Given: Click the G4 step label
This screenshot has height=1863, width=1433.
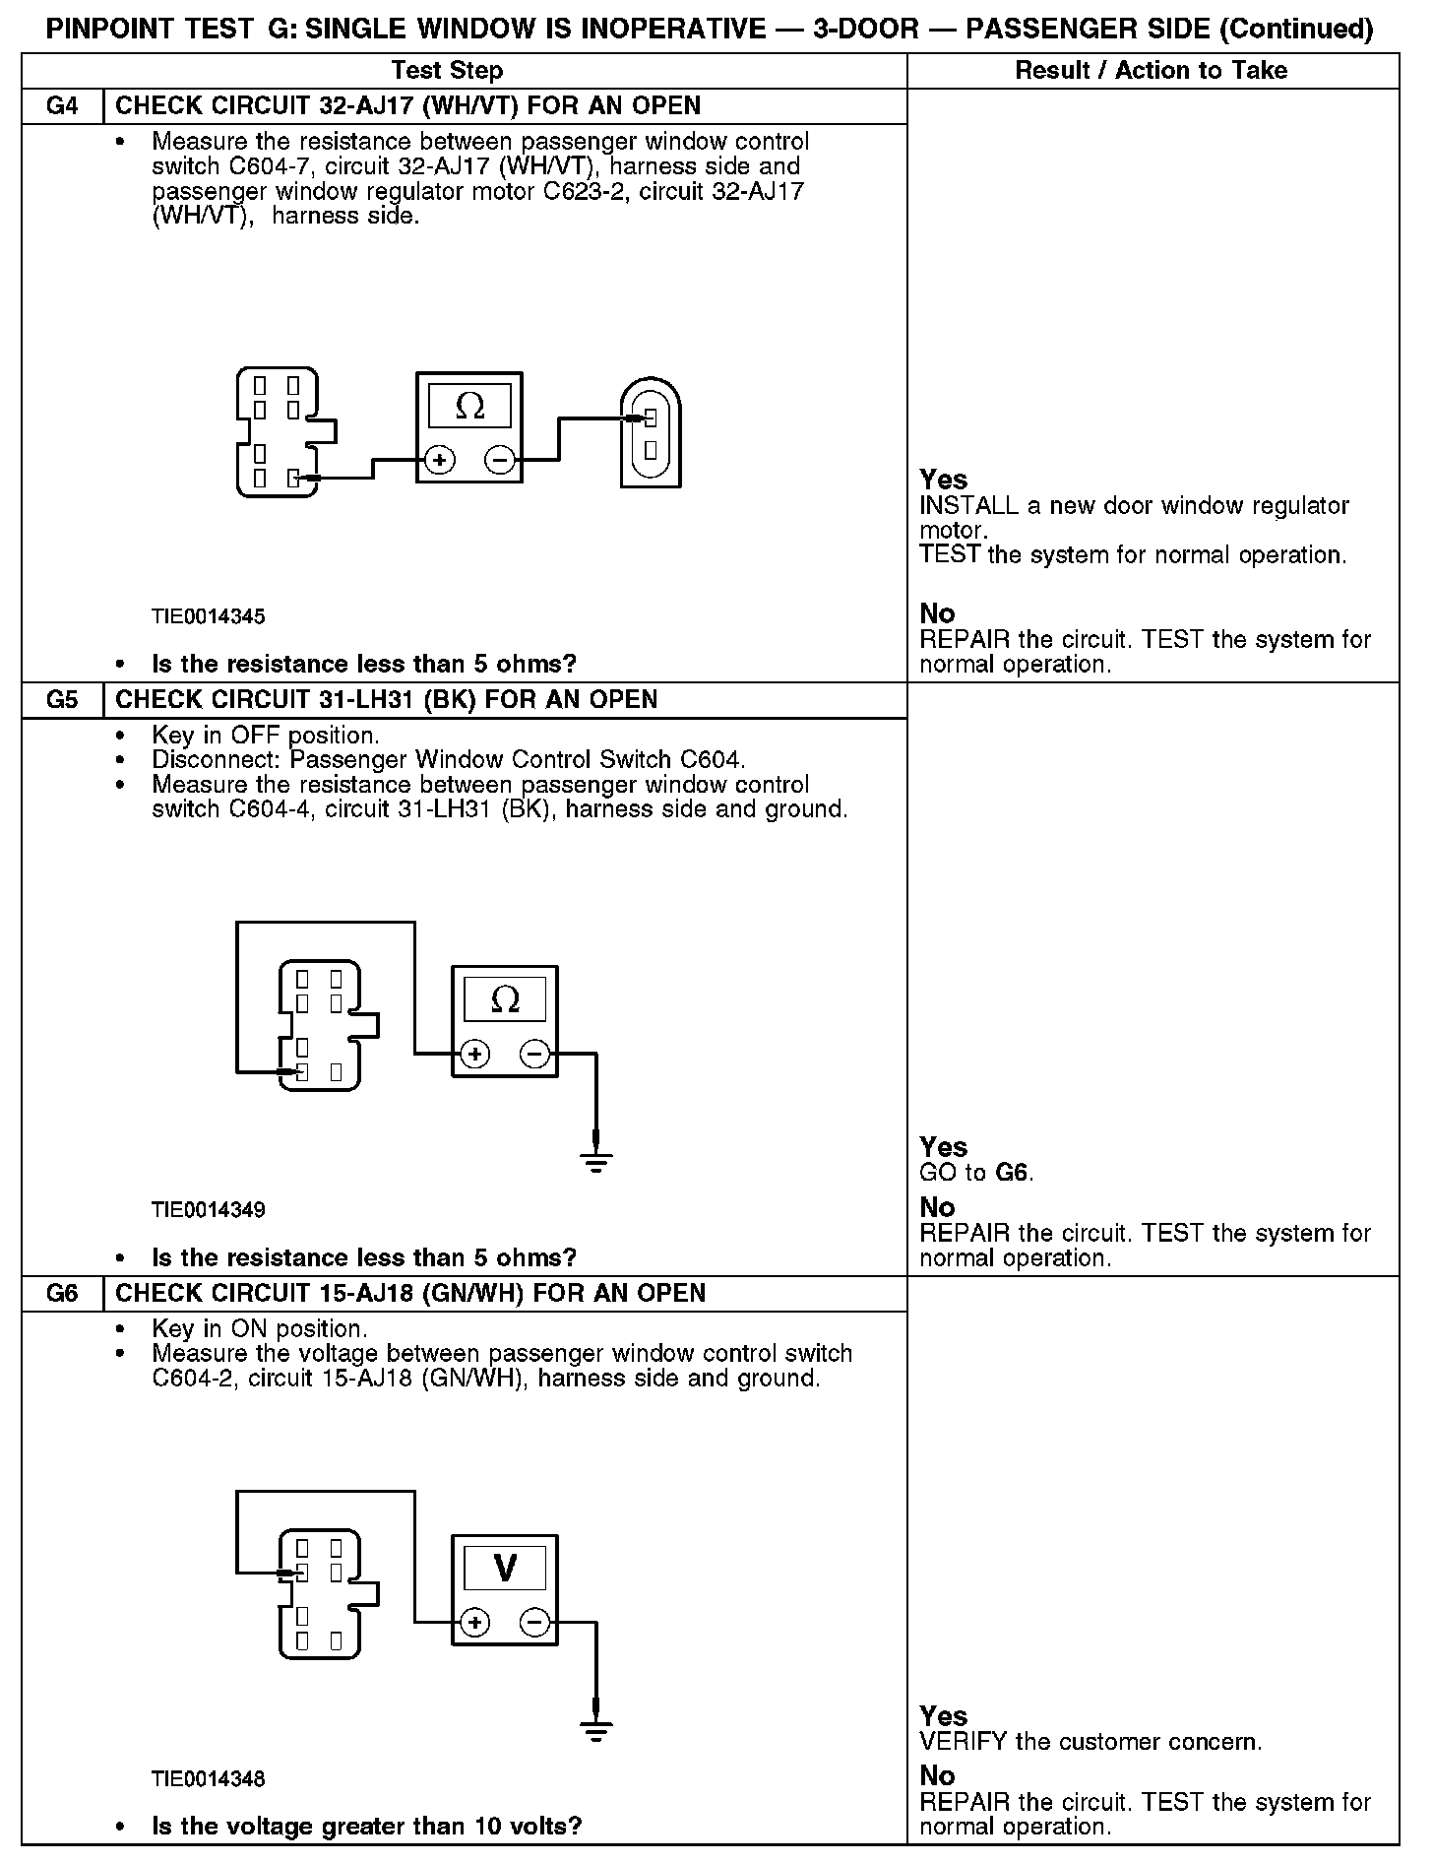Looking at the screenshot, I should pyautogui.click(x=62, y=106).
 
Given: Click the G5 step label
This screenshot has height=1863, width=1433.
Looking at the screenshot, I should pyautogui.click(x=62, y=700).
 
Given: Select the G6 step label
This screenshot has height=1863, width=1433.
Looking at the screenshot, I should pyautogui.click(x=62, y=1294).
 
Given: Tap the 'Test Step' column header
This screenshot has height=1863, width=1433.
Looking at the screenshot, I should pyautogui.click(x=447, y=71).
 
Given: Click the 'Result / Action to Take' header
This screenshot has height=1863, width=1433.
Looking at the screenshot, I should pyautogui.click(x=1151, y=71).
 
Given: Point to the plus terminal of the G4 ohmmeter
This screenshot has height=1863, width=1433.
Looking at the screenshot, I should pyautogui.click(x=439, y=460).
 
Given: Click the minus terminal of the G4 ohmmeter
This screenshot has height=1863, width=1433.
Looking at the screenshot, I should pyautogui.click(x=500, y=460).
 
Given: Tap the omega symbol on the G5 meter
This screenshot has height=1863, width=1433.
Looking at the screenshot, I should pyautogui.click(x=505, y=1000).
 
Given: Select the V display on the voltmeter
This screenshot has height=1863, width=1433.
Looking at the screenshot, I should pyautogui.click(x=505, y=1568).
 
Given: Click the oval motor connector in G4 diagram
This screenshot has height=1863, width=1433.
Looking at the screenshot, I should pyautogui.click(x=651, y=433).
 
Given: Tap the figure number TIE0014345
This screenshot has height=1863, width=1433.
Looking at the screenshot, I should pyautogui.click(x=208, y=617).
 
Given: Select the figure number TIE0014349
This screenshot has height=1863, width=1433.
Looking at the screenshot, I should pyautogui.click(x=208, y=1210).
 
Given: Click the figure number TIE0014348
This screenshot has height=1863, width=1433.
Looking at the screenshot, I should pyautogui.click(x=208, y=1779).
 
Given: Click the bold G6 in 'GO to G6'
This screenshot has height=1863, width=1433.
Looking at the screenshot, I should pyautogui.click(x=1013, y=1173).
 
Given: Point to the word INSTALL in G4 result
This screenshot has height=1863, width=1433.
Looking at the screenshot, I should pyautogui.click(x=968, y=506).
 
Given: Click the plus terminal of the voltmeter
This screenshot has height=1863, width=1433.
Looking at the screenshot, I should pyautogui.click(x=474, y=1623).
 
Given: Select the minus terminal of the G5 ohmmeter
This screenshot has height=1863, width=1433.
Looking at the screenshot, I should pyautogui.click(x=535, y=1055).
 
